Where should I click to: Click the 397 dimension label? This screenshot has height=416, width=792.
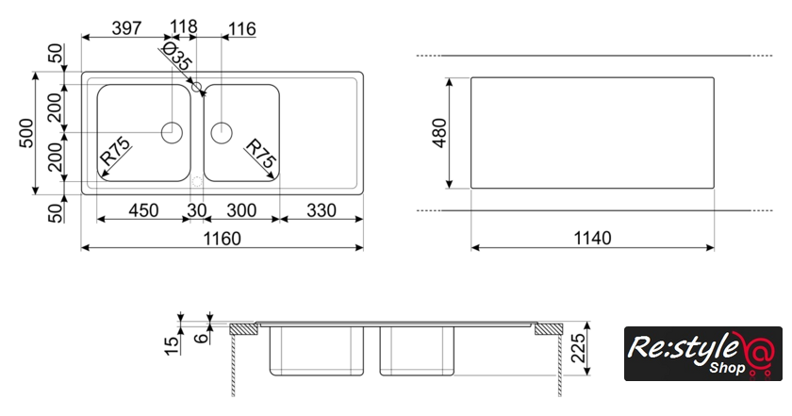coord(126,27)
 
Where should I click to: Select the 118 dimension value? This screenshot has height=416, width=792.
coord(183,26)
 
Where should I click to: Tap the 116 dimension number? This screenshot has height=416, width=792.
coord(242,29)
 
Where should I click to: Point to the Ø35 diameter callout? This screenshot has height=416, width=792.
coord(175,57)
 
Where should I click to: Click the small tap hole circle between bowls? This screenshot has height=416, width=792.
coord(197,87)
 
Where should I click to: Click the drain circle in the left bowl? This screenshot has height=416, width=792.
coord(172,132)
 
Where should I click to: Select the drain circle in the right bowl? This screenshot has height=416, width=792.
coord(222,132)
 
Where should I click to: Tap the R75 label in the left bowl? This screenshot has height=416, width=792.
coord(116,152)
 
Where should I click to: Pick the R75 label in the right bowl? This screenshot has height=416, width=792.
coord(261,153)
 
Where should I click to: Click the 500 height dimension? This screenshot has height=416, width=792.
coord(26,133)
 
